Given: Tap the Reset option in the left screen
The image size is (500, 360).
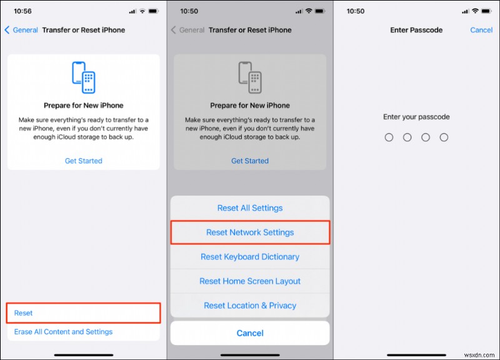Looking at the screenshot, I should (x=23, y=313).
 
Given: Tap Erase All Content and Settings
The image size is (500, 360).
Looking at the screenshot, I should (x=63, y=332).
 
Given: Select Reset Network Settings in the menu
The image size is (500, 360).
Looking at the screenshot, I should (x=250, y=232).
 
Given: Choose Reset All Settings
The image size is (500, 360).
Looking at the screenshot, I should (x=250, y=208).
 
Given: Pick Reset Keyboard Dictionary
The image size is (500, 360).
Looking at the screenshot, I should (x=250, y=257).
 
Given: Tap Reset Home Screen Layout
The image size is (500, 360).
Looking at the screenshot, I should (x=250, y=281).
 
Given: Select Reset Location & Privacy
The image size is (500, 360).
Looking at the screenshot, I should (x=250, y=306).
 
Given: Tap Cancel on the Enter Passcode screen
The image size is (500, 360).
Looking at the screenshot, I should (x=481, y=30).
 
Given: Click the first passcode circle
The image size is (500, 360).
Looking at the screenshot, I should (x=389, y=137).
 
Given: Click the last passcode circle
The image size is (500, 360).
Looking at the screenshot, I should (x=444, y=137).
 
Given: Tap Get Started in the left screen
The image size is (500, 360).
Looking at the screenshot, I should (x=84, y=161).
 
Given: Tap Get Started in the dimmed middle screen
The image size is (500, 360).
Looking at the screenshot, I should (x=250, y=161).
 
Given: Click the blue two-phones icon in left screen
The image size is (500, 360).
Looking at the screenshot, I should (x=84, y=77).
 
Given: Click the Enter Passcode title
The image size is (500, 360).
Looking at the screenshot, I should (x=416, y=30).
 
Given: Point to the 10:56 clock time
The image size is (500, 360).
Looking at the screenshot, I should (x=22, y=12).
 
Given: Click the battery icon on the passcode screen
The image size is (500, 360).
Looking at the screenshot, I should (x=487, y=12).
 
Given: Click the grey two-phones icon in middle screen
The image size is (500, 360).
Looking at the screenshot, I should (x=250, y=77).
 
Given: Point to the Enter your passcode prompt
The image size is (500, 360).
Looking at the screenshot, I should (x=416, y=117).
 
